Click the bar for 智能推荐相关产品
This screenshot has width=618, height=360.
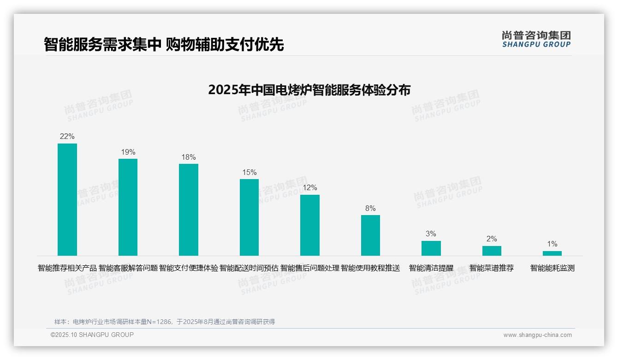67,199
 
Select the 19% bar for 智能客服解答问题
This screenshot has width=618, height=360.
128,207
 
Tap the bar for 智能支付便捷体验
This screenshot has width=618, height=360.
189,210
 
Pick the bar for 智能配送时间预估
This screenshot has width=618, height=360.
249,217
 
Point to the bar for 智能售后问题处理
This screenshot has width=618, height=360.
310,225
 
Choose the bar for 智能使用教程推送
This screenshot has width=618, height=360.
370,235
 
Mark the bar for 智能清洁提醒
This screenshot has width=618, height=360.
431,248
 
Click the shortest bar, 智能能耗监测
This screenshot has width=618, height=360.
552,253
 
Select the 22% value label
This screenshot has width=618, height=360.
67,137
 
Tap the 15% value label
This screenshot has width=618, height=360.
249,173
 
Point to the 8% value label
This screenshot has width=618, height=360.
370,209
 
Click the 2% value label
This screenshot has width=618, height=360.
492,239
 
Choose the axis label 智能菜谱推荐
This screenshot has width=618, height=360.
492,268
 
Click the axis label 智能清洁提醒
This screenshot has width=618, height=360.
431,268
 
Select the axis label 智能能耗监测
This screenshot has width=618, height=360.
552,268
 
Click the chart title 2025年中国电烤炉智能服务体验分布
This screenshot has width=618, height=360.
309,90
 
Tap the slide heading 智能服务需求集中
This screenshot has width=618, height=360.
102,44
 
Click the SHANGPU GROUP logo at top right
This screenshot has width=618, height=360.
536,39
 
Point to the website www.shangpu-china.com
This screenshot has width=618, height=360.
537,335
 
